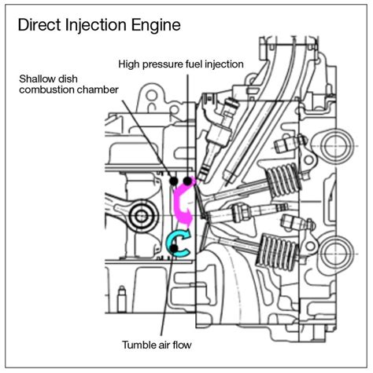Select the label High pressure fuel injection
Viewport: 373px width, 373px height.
[181, 64]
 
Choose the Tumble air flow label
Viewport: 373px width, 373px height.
[157, 345]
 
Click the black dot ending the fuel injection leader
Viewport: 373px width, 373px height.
[187, 181]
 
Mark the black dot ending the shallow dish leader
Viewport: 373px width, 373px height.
[174, 181]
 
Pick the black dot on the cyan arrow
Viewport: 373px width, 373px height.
[174, 247]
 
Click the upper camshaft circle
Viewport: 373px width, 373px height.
[337, 146]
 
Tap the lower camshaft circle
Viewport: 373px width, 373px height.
[337, 254]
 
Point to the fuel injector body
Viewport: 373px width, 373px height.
[217, 138]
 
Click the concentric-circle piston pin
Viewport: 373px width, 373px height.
[142, 216]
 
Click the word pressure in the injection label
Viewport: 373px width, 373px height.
[161, 64]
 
